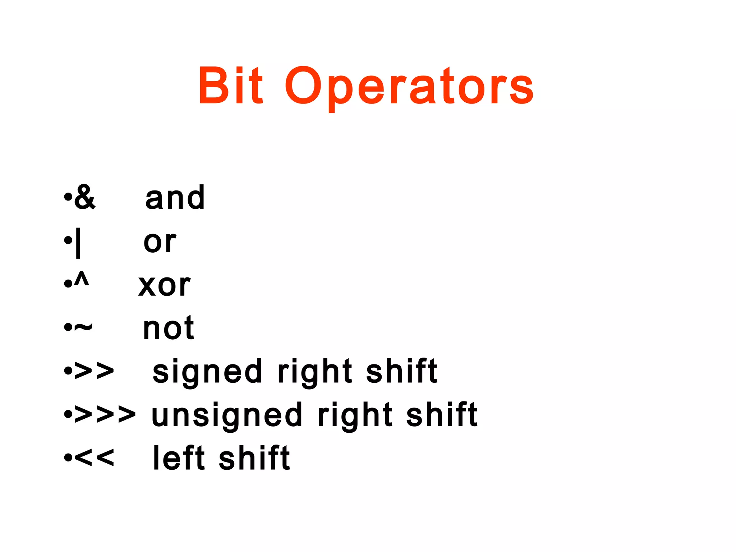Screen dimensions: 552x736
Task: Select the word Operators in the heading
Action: tap(409, 86)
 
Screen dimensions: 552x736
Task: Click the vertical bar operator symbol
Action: tap(78, 243)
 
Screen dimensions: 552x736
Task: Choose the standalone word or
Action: tap(160, 241)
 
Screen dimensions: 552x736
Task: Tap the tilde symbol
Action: tap(83, 327)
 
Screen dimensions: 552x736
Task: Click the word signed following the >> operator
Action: tap(207, 372)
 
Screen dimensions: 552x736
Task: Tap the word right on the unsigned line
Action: tap(355, 415)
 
